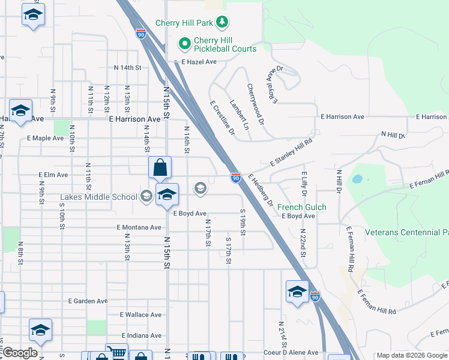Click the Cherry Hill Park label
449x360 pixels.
(185, 23)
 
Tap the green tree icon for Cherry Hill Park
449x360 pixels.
(223, 22)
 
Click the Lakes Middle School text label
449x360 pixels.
(98, 196)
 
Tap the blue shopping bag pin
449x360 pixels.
(160, 169)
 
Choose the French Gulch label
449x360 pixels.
(301, 207)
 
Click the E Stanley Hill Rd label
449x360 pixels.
(292, 153)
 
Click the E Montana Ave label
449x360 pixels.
(140, 227)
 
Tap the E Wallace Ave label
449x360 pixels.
(140, 314)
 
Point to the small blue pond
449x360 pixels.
(358, 179)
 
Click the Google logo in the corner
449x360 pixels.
(20, 353)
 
